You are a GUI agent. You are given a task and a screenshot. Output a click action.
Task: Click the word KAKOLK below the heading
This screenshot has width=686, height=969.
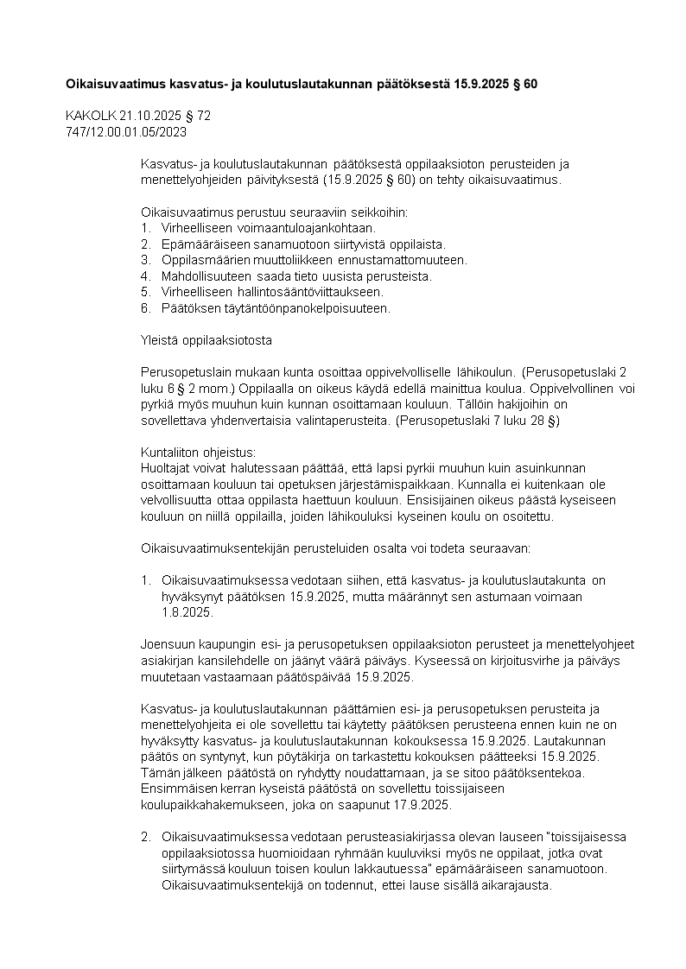[86, 115]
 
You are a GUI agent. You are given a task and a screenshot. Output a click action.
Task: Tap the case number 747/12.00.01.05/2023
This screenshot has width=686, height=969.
[126, 131]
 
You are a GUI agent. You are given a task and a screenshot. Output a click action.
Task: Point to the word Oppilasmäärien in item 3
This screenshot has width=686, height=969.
[202, 259]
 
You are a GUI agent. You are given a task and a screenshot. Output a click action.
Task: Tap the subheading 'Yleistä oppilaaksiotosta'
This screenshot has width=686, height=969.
[206, 340]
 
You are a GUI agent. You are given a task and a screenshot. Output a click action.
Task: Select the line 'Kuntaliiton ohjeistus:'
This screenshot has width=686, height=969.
[198, 452]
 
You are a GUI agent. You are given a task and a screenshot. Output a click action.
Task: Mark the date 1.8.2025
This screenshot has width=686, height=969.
[186, 612]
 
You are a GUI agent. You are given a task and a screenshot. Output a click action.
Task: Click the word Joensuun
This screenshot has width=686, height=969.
[168, 643]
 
